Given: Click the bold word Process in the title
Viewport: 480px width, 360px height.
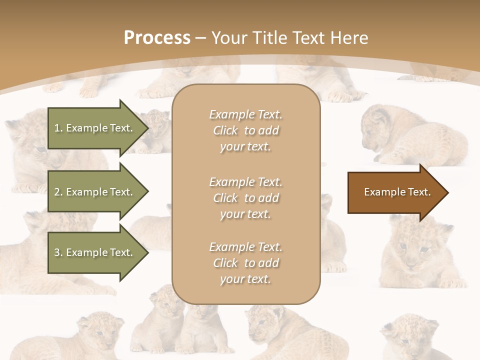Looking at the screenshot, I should (157, 38).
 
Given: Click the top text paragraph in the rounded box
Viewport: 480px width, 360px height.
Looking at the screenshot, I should (245, 130).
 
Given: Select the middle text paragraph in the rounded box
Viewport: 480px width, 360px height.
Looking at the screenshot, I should (245, 197).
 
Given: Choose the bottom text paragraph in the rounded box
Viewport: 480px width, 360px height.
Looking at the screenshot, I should (245, 263).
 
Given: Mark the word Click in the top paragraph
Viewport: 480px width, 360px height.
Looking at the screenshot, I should (225, 130).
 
